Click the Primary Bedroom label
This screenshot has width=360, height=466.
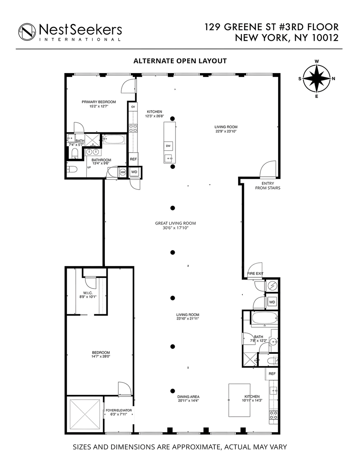[x=99, y=102]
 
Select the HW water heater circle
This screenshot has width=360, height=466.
[x=123, y=172]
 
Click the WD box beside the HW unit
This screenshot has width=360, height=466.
[x=134, y=172]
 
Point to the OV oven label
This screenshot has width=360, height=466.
[x=133, y=106]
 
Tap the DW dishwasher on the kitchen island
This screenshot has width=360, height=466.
[x=168, y=146]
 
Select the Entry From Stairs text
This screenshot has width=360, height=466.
[x=267, y=185]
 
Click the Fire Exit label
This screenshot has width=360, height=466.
[x=255, y=273]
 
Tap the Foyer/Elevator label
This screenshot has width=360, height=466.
[x=119, y=410]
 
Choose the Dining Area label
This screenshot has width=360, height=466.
[x=188, y=397]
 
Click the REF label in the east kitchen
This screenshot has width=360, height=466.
[x=272, y=374]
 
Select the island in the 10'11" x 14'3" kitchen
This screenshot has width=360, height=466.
[x=238, y=400]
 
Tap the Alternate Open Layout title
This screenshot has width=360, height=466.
[x=180, y=61]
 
